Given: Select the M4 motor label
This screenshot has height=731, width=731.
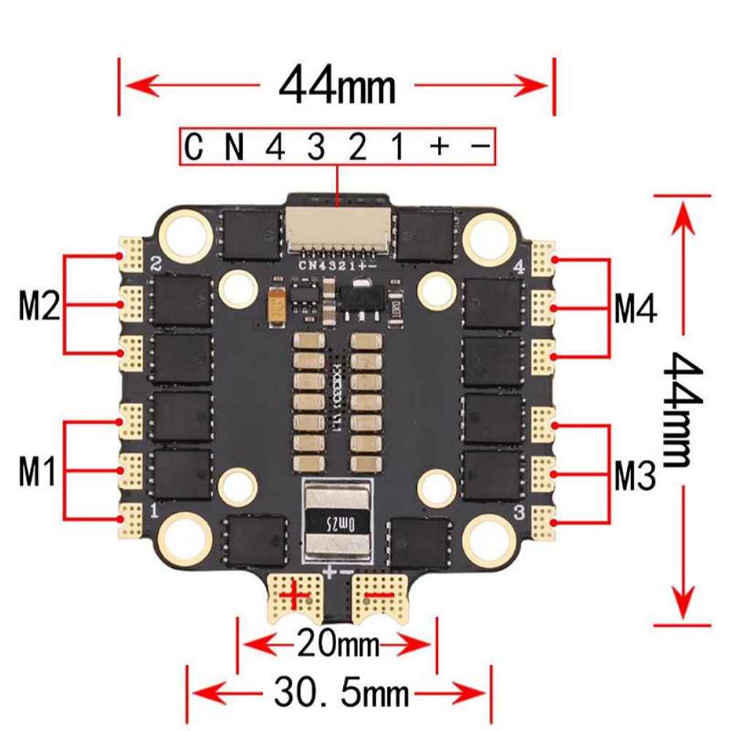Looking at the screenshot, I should pyautogui.click(x=635, y=308).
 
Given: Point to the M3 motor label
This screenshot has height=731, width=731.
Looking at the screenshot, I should pyautogui.click(x=634, y=476).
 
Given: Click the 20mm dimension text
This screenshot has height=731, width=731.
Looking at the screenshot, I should pyautogui.click(x=337, y=644).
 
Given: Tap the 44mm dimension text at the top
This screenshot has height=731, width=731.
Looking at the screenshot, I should pyautogui.click(x=337, y=85).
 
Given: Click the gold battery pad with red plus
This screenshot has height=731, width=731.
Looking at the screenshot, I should pyautogui.click(x=296, y=595).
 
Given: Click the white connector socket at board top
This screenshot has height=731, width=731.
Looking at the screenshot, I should pyautogui.click(x=337, y=228).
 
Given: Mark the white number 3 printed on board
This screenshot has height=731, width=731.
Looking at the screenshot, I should pyautogui.click(x=520, y=512).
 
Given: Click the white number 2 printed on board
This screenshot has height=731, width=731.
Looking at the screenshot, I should pyautogui.click(x=154, y=264).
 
